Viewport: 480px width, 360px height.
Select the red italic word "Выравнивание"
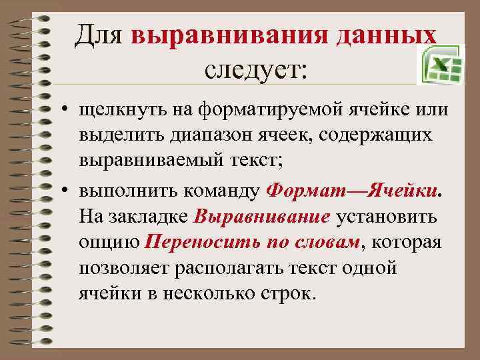[263, 217]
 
